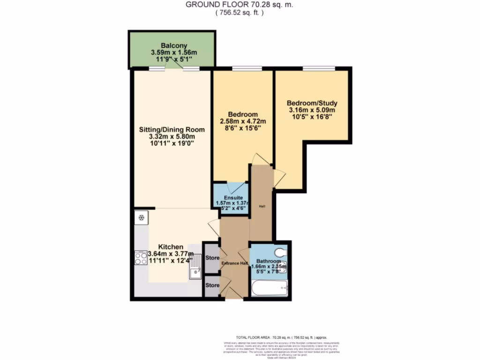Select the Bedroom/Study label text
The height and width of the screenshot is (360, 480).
click(312, 103)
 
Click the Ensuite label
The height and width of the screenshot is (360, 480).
click(231, 197)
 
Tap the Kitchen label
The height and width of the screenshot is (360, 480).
click(171, 247)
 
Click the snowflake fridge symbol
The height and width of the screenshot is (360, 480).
click(141, 217)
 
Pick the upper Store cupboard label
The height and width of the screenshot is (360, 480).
click(212, 257)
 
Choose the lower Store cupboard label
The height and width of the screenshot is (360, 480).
click(212, 285)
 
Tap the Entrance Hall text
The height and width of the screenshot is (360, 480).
click(235, 263)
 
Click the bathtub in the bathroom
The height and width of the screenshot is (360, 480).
click(270, 288)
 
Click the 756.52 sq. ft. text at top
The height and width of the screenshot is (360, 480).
click(240, 13)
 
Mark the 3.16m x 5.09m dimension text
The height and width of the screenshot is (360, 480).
click(312, 111)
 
